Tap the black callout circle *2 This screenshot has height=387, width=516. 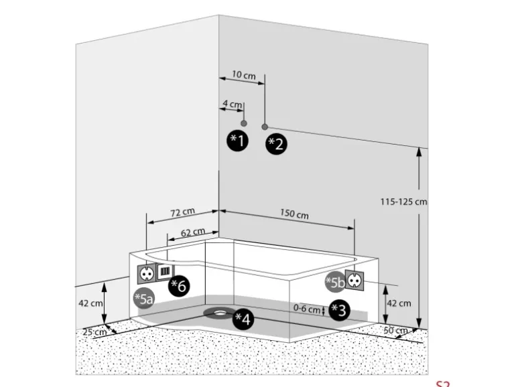[276, 143]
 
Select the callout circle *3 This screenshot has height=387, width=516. [340, 310]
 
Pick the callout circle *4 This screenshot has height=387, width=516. [243, 319]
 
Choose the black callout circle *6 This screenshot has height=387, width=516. [178, 286]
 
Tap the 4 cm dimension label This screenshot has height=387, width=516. [232, 104]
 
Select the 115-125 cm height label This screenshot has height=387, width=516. [403, 201]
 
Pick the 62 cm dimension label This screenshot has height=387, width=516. [192, 232]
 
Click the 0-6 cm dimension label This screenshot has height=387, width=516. [308, 309]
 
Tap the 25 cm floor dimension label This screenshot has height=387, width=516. [94, 331]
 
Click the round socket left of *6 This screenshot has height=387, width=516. [147, 273]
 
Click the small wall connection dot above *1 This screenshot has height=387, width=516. [244, 124]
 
